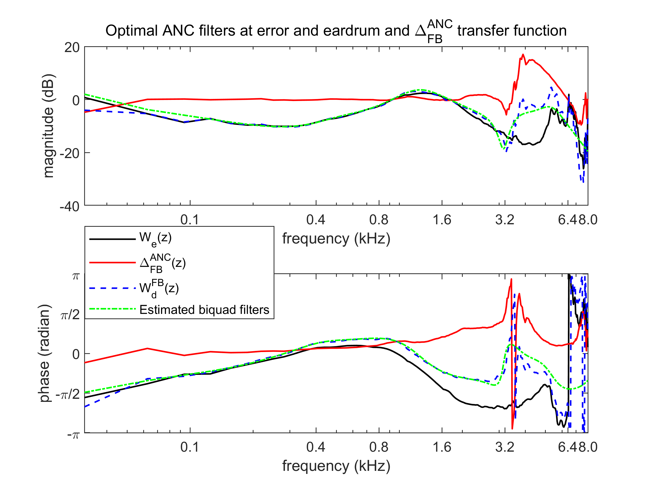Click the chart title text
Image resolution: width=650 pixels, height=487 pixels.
click(x=336, y=31)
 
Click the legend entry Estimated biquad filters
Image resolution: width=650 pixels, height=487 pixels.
click(x=204, y=310)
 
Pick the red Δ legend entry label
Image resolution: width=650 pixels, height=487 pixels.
click(x=163, y=263)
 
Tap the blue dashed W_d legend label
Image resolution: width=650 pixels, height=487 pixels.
click(x=159, y=288)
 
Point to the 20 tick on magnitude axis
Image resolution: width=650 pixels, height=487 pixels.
click(x=72, y=48)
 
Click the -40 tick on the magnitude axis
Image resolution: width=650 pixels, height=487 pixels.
click(x=70, y=207)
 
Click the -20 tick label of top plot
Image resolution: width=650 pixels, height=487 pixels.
click(x=70, y=153)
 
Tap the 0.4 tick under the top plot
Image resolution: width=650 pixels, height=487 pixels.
click(x=316, y=220)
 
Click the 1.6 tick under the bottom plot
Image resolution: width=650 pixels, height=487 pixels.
click(x=442, y=447)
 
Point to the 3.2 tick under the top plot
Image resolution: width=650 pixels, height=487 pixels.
click(x=505, y=220)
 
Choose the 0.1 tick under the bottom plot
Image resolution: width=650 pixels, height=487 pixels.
click(x=189, y=447)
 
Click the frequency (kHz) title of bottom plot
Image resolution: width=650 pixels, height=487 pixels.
click(x=336, y=466)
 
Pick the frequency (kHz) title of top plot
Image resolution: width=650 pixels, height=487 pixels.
click(x=336, y=239)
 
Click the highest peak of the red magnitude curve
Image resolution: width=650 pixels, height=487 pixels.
click(x=523, y=55)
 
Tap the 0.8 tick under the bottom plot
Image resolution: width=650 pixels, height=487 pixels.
click(x=378, y=447)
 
